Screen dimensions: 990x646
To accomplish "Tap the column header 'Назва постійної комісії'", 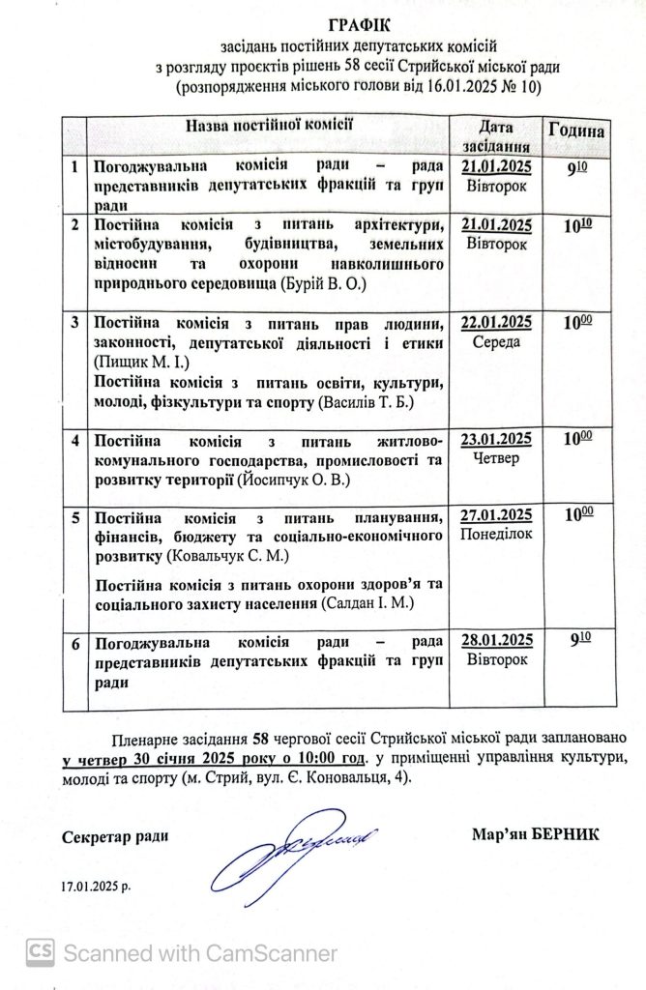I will tap(270, 126).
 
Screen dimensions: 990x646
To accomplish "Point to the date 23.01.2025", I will tap(497, 440).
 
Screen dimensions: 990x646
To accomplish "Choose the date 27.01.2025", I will tap(497, 514).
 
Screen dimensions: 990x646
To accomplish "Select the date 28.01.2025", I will tap(497, 641).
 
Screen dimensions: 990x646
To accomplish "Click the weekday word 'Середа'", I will tap(497, 342).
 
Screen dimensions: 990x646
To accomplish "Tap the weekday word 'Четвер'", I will tap(497, 458).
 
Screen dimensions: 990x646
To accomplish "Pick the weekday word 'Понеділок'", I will tap(497, 534).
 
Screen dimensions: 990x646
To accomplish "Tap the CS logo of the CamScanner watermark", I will tap(40, 952).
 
